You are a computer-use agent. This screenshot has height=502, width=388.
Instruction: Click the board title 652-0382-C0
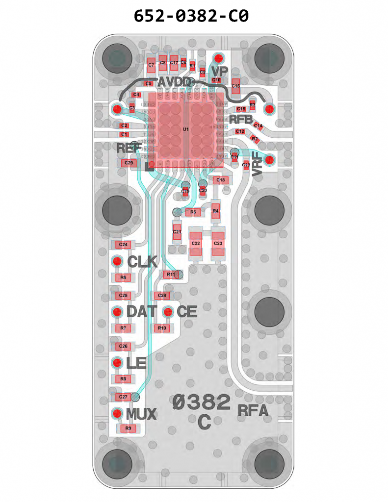coord(191,16)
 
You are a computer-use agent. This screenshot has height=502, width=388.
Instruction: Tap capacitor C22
coord(196,243)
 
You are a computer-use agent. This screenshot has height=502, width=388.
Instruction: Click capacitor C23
coord(218,243)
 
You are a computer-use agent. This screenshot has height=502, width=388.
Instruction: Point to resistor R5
coord(193,212)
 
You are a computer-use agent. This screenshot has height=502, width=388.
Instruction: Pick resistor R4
coord(215,211)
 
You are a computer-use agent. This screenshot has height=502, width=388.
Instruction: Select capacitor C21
coord(177,231)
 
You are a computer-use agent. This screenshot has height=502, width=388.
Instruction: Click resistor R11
coord(171,274)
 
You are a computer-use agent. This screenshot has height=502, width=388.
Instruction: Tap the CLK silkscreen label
coord(142,262)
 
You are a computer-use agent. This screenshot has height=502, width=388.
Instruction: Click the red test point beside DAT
coord(117,312)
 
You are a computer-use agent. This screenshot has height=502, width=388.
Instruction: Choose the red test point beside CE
coord(168,312)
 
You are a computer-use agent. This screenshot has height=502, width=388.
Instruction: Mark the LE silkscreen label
coord(136,363)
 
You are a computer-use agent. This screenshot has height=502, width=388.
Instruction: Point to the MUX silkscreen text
coord(141,415)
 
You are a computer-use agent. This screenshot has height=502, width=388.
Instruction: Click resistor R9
coord(129,428)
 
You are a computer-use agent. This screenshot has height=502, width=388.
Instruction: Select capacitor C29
coord(129,163)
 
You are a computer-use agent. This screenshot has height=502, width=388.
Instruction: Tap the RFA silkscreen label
coord(253,411)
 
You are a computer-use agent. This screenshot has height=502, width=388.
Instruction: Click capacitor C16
coord(236,86)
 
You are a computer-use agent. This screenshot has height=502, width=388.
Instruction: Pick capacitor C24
coord(123,244)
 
